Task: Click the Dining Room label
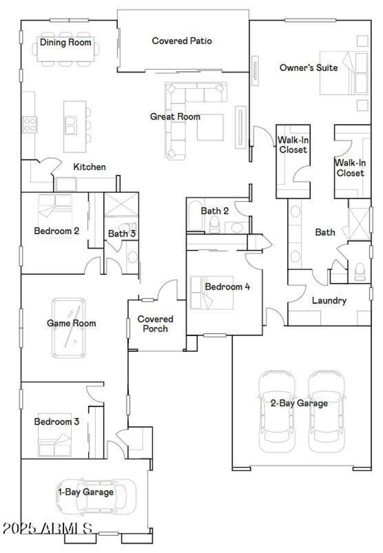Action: pyautogui.click(x=65, y=42)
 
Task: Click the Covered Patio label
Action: pyautogui.click(x=182, y=41)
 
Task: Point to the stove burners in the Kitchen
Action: pyautogui.click(x=30, y=124)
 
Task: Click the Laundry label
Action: pyautogui.click(x=329, y=301)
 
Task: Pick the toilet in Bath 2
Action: pyautogui.click(x=214, y=224)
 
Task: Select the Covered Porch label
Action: pyautogui.click(x=156, y=324)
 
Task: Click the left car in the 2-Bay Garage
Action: pyautogui.click(x=277, y=411)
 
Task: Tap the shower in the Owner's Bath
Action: pyautogui.click(x=359, y=223)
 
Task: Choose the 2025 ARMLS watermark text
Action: pyautogui.click(x=47, y=529)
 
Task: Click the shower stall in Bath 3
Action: pyautogui.click(x=121, y=206)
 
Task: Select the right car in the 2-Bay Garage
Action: pyautogui.click(x=327, y=411)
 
